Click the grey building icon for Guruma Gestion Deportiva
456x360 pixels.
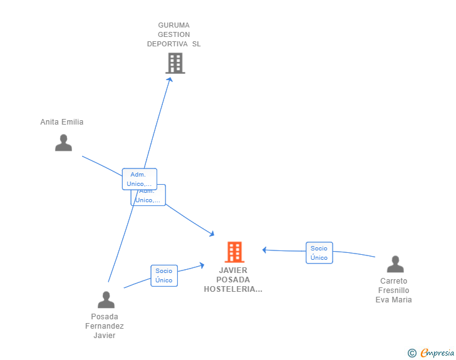coord(175,63)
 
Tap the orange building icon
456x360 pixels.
coord(234,252)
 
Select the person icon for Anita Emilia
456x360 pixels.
coord(63,143)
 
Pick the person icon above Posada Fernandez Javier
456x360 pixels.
coord(106,300)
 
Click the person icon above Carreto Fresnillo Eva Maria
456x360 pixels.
coord(395,264)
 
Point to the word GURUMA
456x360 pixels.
coord(174,25)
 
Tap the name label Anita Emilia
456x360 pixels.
coord(61,122)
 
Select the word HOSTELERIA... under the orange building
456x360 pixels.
coord(233,289)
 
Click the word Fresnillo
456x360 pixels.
coord(393,291)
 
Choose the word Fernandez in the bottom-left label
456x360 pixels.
coord(105,326)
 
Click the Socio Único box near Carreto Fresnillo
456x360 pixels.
coord(319,253)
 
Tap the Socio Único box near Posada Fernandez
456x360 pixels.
coord(164,275)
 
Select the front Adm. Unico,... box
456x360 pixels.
coord(139,179)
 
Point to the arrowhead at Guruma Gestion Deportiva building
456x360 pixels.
coord(170,80)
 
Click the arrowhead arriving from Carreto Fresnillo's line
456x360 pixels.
coord(265,250)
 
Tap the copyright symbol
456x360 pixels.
coord(412,353)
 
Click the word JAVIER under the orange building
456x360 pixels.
coord(233,270)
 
